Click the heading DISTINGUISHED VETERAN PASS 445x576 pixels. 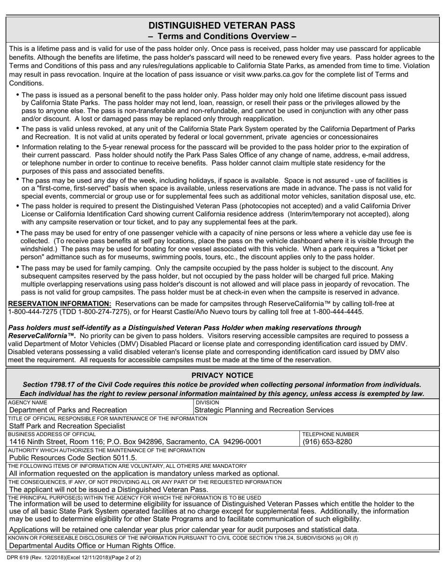point(222,25)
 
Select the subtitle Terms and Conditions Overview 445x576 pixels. point(222,37)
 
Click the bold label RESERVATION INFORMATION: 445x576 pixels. point(60,303)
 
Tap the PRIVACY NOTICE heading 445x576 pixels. point(222,375)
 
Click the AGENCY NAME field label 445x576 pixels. point(28,402)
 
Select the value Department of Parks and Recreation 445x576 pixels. point(68,410)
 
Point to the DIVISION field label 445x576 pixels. point(207,402)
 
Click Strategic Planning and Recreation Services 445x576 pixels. point(264,410)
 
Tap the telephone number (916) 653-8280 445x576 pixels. point(327,442)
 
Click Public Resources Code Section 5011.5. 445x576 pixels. point(73,458)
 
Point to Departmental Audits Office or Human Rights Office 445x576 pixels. point(93,546)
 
